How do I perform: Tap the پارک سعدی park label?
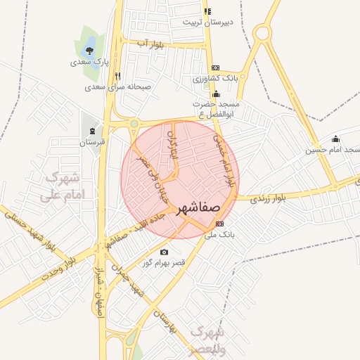[x=88, y=63]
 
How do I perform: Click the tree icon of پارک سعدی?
[x=89, y=50]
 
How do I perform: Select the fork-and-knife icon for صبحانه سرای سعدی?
[x=117, y=76]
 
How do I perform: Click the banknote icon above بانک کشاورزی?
[x=214, y=67]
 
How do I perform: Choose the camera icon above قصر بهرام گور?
[x=164, y=252]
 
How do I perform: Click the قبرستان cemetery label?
[x=91, y=142]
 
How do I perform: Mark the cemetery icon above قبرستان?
[x=92, y=131]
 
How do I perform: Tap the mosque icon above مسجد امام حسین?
[x=335, y=139]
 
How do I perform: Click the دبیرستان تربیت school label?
[x=207, y=22]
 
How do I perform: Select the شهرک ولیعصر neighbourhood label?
[x=208, y=340]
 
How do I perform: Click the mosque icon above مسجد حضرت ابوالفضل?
[x=216, y=94]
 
